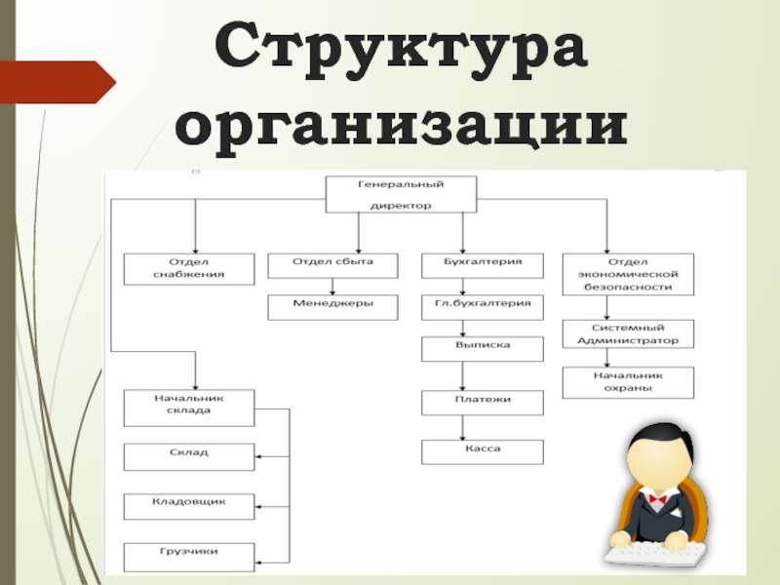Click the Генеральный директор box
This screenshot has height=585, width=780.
(x=400, y=194)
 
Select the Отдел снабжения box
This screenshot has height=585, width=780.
(x=189, y=268)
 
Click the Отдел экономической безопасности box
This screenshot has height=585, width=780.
(x=628, y=274)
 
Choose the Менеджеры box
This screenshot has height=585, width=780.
(x=332, y=307)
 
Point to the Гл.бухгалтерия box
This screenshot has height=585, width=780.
(x=482, y=307)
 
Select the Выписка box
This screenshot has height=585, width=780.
(x=482, y=349)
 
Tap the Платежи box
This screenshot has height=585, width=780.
(x=482, y=403)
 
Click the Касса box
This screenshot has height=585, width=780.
(x=482, y=451)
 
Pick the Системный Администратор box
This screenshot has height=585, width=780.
(x=628, y=333)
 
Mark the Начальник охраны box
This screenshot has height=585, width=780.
(x=628, y=382)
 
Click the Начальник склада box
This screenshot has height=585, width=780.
(x=189, y=408)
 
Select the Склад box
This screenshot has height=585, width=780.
(x=189, y=456)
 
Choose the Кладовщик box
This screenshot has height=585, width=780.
(x=189, y=505)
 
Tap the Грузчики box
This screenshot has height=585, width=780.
(x=189, y=556)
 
